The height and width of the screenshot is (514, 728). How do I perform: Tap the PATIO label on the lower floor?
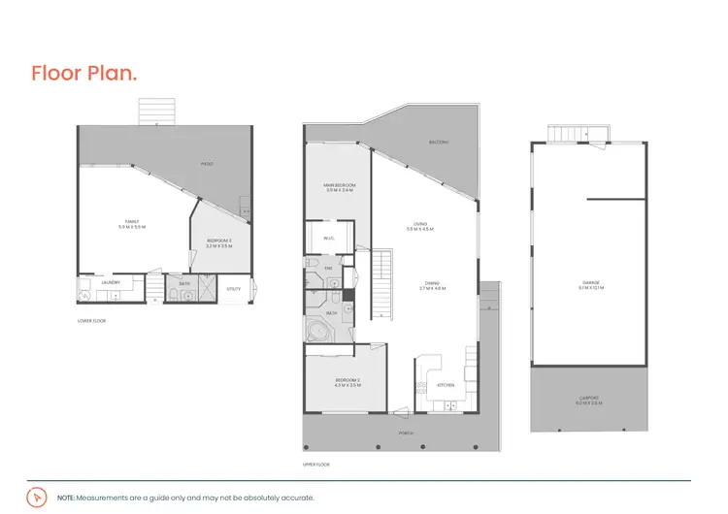point(207,164)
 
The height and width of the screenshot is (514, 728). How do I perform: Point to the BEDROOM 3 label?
point(215,242)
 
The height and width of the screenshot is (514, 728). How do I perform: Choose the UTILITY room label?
point(233,289)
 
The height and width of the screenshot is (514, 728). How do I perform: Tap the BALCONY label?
point(439,143)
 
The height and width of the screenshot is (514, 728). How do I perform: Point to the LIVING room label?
point(420,225)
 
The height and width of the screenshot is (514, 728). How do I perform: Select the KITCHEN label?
point(446,385)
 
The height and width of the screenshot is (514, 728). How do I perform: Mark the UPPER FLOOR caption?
point(317,465)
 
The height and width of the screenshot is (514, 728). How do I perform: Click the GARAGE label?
point(591,283)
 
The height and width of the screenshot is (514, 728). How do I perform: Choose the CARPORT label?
point(590,398)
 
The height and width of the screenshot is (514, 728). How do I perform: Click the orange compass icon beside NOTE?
point(37,496)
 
